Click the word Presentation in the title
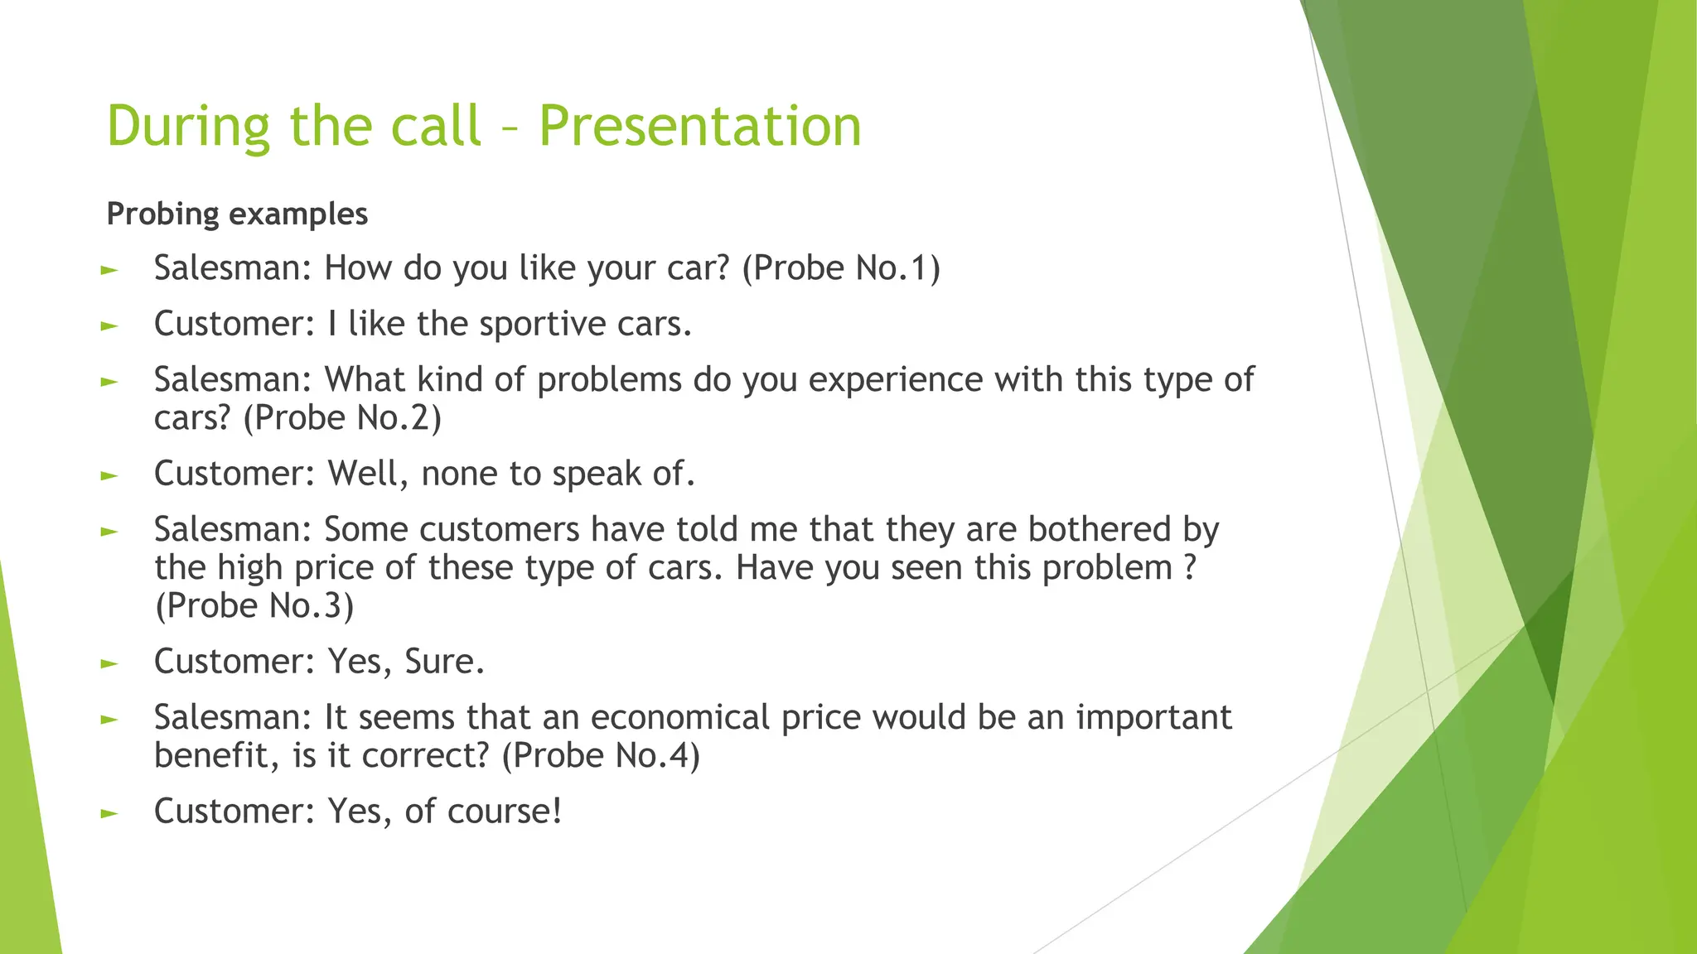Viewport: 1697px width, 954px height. coord(700,126)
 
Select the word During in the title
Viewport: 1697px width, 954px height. coord(189,126)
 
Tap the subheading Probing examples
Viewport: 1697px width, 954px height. coord(237,214)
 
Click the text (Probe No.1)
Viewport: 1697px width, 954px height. coord(841,268)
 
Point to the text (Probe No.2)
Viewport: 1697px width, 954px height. coord(342,417)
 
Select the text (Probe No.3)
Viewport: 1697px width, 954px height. coord(254,605)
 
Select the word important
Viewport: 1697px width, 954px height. coord(1153,717)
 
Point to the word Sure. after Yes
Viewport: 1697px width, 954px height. coord(444,662)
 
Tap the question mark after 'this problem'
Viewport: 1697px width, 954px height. coord(1190,568)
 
